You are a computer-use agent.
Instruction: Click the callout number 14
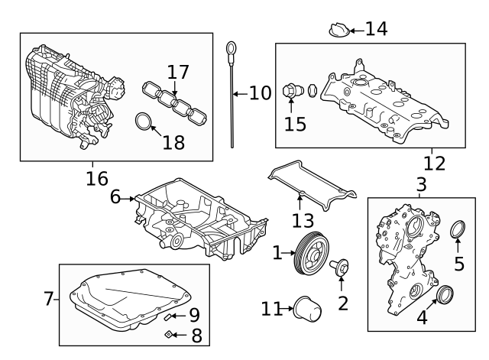pyautogui.click(x=376, y=29)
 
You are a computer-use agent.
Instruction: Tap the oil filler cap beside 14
pyautogui.click(x=339, y=31)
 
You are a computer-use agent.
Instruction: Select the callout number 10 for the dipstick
pyautogui.click(x=260, y=94)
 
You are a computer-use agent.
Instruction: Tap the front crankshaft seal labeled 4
pyautogui.click(x=444, y=296)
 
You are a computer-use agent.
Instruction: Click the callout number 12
pyautogui.click(x=434, y=163)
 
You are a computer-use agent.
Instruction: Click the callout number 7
pyautogui.click(x=49, y=299)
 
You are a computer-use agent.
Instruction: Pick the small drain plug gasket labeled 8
pyautogui.click(x=170, y=334)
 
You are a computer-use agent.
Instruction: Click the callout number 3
pyautogui.click(x=421, y=184)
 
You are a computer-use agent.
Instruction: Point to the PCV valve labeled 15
pyautogui.click(x=290, y=92)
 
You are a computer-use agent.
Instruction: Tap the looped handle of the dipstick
pyautogui.click(x=228, y=52)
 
